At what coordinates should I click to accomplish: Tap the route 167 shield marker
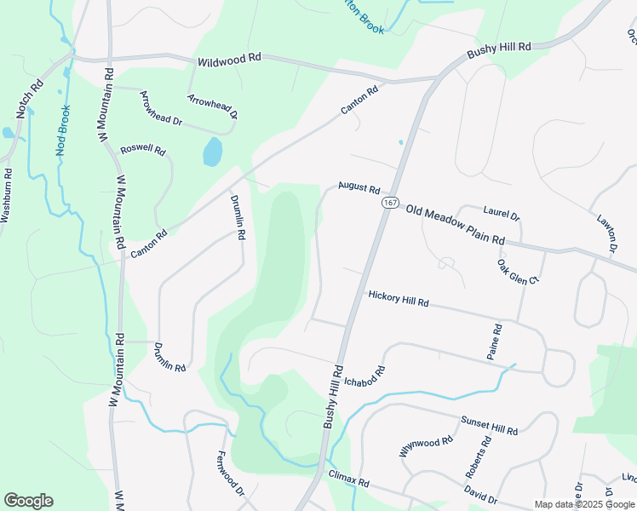[390, 204]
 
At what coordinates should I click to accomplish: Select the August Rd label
[358, 186]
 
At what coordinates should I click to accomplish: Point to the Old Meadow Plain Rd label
[456, 224]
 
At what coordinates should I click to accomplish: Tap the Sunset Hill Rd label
[489, 426]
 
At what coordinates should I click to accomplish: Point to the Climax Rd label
[348, 477]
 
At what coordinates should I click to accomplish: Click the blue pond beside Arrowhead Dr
[212, 153]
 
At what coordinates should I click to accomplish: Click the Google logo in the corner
[28, 501]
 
